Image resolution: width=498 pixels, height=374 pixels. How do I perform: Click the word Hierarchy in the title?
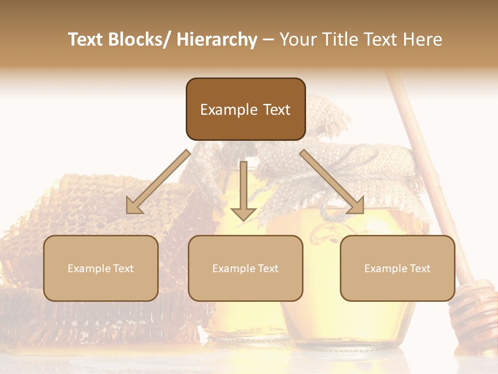coord(217,39)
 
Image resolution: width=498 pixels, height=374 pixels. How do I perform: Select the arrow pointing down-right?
coord(333,182)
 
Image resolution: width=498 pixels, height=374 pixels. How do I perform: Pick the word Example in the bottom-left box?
coord(89,269)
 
